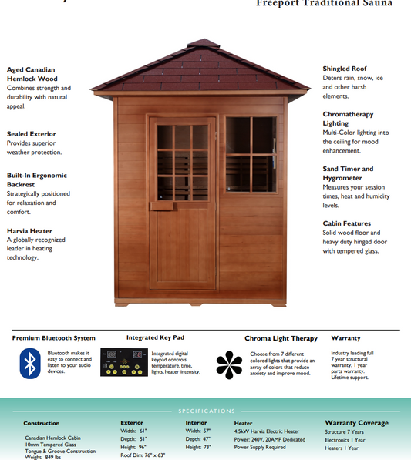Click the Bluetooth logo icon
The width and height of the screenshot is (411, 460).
(x=30, y=363)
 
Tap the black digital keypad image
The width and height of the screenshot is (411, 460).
(x=124, y=363)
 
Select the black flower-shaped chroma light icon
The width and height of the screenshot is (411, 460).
(x=229, y=364)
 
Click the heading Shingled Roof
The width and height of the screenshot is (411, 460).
(x=345, y=69)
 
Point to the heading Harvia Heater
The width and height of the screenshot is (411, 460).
(x=30, y=230)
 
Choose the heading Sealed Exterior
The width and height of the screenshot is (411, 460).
(x=32, y=133)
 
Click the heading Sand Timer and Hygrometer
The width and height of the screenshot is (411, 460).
(x=348, y=173)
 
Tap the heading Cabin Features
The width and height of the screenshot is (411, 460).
(x=346, y=223)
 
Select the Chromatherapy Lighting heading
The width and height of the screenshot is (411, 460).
(x=348, y=119)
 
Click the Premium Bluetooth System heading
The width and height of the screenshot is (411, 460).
(x=54, y=337)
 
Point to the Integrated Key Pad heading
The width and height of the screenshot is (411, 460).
(x=154, y=337)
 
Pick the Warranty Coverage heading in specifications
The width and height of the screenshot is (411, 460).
(x=356, y=423)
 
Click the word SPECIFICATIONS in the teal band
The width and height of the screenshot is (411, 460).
(x=206, y=411)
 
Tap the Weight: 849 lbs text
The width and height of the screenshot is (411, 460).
(x=43, y=457)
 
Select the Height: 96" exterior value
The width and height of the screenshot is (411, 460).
(x=133, y=446)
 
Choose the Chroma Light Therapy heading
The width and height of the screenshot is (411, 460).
(x=281, y=338)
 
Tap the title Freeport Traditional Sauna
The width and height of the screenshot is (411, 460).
(x=324, y=4)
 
